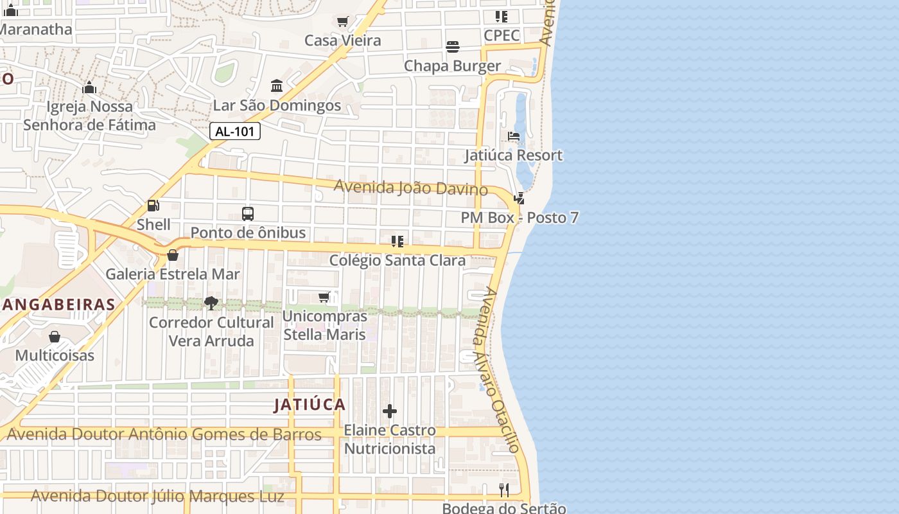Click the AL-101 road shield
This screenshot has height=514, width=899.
(235, 132)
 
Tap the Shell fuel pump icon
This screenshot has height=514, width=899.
(153, 206)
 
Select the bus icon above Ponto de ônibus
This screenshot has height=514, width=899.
(248, 213)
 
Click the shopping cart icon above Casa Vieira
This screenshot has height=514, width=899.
(342, 21)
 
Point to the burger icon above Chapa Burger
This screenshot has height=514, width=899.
(453, 47)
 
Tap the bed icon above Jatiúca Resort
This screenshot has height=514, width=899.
(514, 136)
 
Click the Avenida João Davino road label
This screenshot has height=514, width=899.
(411, 188)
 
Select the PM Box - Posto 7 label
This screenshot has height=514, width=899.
(519, 218)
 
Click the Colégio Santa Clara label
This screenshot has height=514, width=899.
(397, 260)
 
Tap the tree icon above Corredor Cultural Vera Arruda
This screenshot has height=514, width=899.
(211, 303)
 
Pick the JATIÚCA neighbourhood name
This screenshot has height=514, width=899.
(310, 405)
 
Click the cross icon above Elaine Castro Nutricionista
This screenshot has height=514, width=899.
(390, 411)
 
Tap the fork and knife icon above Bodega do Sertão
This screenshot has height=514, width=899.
(504, 490)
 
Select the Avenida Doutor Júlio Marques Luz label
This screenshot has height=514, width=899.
(157, 496)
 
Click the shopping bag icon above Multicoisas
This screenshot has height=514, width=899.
(55, 337)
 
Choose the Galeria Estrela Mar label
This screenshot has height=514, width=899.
(173, 274)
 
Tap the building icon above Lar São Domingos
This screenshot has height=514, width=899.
(277, 85)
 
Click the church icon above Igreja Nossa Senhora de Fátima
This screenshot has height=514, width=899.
(89, 87)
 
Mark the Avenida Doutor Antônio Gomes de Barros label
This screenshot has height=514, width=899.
(164, 435)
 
